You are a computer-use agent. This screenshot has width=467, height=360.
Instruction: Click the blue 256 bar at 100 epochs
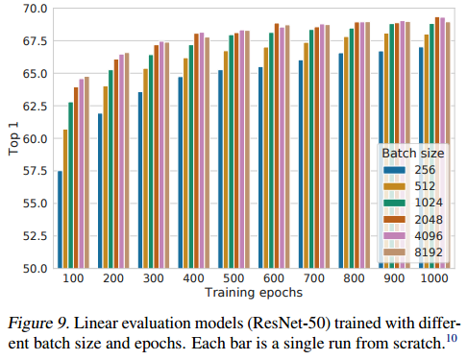(60, 220)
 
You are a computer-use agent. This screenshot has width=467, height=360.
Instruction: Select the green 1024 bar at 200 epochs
(111, 169)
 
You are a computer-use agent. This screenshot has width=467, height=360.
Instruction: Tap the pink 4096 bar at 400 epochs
(202, 151)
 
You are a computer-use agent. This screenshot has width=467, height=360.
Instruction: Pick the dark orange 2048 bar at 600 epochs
(277, 146)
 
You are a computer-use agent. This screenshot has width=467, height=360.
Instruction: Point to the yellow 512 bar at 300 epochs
(145, 169)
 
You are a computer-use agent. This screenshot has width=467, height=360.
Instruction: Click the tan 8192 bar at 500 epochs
(247, 150)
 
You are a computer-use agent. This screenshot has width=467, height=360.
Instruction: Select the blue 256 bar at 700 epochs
(301, 164)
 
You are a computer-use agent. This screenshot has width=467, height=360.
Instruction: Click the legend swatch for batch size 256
(394, 170)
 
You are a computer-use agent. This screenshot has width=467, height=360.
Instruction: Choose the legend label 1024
(429, 203)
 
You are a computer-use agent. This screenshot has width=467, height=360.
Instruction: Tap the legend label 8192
(429, 252)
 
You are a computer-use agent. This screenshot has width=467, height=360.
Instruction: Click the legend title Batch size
(413, 154)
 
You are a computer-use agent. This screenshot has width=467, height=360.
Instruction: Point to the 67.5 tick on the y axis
(35, 41)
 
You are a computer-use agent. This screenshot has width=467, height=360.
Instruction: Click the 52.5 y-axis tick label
(35, 236)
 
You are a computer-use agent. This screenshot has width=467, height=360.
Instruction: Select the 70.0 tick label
(35, 9)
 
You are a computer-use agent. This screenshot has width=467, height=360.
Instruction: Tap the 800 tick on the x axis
(354, 278)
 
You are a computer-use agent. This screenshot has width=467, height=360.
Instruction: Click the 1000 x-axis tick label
(434, 278)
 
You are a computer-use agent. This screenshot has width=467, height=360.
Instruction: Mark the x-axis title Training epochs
(254, 293)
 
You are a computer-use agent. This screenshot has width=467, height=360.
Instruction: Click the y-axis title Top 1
(13, 138)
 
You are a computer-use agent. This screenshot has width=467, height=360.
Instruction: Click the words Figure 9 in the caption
(38, 323)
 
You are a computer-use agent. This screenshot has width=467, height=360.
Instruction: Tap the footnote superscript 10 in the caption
(452, 338)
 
